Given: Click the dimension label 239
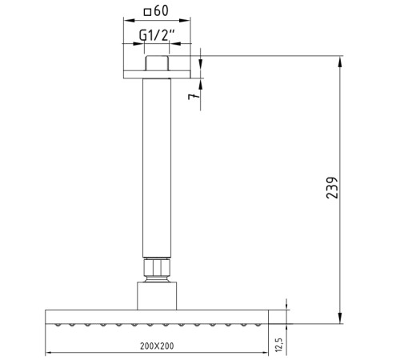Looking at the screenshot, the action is tap(332, 187).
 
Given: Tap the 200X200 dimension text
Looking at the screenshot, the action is tap(157, 346).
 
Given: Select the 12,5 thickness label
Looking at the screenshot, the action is tap(278, 345).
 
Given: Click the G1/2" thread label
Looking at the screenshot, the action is tap(157, 35).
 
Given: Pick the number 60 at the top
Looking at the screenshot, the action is tap(161, 10).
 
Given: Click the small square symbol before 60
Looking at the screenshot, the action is tap(147, 12).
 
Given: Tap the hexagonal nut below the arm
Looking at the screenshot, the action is tap(157, 268).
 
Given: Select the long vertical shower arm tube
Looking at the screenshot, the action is tap(157, 168).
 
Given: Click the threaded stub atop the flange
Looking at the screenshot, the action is tap(157, 63).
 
